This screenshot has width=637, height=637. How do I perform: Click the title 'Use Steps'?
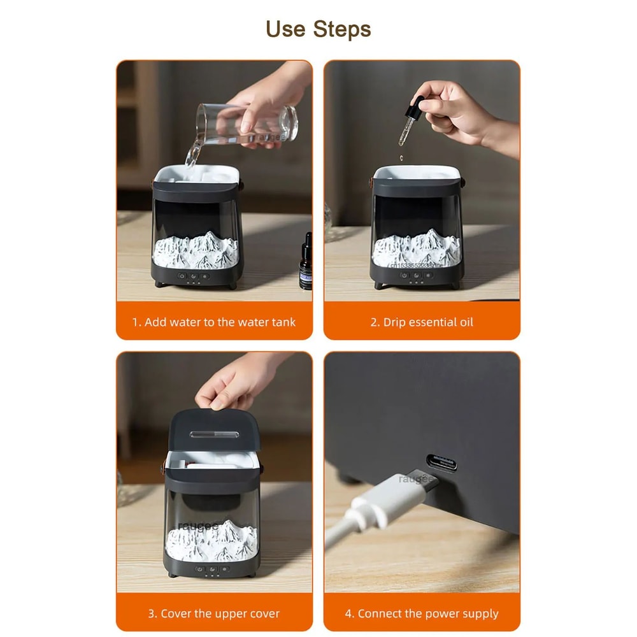[318, 29]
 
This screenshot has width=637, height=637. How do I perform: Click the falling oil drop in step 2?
[401, 157]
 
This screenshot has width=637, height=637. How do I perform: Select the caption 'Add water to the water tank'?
[214, 322]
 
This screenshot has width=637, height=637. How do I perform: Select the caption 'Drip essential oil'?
[422, 322]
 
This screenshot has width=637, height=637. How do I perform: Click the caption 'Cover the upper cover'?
[214, 614]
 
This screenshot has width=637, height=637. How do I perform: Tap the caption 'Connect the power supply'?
[422, 614]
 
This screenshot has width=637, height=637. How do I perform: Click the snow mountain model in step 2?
[415, 250]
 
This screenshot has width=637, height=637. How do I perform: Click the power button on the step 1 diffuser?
[182, 276]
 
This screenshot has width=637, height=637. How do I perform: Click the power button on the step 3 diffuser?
[199, 569]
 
